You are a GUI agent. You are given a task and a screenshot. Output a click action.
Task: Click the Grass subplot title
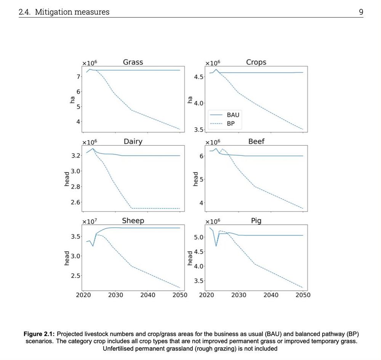click(133, 62)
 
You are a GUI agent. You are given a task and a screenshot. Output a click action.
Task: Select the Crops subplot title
click(256, 62)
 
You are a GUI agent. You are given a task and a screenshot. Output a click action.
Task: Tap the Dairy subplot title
click(133, 141)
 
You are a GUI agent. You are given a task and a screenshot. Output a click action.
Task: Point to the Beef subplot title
click(256, 141)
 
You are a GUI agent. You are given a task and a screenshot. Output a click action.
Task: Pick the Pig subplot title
click(256, 221)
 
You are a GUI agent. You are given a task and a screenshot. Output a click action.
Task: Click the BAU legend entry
click(233, 115)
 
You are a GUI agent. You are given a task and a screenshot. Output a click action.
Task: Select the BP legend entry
click(231, 123)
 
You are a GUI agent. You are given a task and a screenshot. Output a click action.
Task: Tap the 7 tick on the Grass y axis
click(78, 77)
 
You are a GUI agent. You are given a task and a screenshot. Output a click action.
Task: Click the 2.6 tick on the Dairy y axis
click(76, 202)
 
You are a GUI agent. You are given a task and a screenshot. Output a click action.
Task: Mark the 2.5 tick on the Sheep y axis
click(76, 275)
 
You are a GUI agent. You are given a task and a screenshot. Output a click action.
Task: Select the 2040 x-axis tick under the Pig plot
click(271, 295)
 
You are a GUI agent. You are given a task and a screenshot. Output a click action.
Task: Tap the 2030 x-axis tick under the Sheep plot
click(115, 295)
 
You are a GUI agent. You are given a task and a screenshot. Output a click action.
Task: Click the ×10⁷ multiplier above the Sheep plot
click(90, 221)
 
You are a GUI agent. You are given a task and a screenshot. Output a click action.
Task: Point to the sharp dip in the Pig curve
click(216, 246)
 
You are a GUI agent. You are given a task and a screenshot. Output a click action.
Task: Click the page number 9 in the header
click(361, 12)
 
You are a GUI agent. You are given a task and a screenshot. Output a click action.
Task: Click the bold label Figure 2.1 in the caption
click(40, 334)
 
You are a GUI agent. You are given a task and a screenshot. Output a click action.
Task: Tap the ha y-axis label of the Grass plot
click(72, 100)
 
